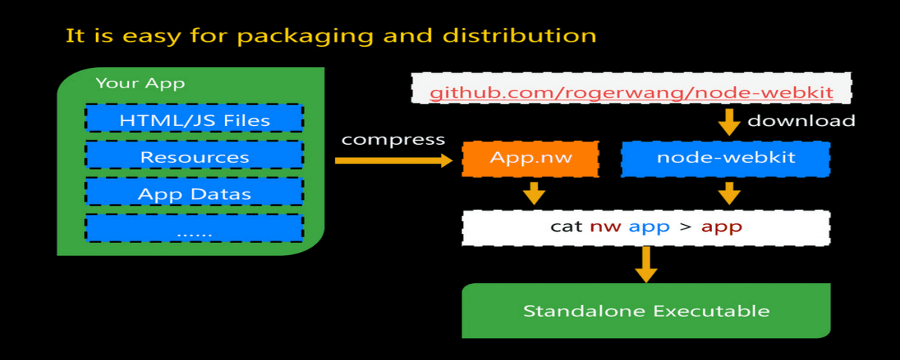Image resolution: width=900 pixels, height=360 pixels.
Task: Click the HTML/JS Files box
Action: (194, 120)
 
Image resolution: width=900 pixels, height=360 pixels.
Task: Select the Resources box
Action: (194, 156)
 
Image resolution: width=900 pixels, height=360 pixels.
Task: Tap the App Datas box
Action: (194, 193)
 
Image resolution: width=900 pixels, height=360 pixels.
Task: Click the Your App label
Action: (140, 83)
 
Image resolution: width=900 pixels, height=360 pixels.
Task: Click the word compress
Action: (393, 140)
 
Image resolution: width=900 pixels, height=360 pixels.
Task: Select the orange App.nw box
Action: (530, 158)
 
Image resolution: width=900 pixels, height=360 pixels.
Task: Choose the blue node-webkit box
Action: (726, 158)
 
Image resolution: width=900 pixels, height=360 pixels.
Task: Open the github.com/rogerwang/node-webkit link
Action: (631, 93)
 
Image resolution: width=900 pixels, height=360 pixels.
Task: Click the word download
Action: (801, 121)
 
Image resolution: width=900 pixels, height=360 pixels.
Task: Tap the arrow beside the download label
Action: (729, 122)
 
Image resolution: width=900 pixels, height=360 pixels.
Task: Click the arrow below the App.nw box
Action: (534, 192)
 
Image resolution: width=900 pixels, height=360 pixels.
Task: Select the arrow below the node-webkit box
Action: (729, 192)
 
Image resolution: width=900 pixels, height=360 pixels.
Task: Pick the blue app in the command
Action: (649, 226)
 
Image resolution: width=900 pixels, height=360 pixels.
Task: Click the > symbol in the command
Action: (685, 226)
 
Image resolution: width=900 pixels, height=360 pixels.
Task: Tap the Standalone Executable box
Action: (646, 311)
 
